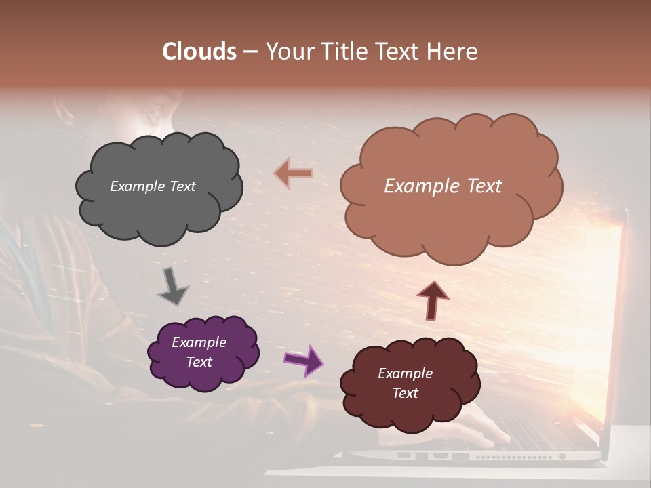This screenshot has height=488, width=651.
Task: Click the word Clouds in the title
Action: [199, 52]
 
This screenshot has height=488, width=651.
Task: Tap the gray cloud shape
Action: [158, 203]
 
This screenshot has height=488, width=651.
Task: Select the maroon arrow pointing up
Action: [433, 300]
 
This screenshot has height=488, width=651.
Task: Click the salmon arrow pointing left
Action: [294, 174]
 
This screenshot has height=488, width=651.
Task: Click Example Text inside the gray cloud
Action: [153, 186]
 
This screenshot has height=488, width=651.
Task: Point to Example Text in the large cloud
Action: [443, 186]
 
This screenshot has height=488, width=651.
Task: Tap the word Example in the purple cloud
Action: [199, 342]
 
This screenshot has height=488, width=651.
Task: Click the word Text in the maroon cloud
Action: [405, 393]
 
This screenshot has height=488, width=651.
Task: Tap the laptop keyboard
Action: [536, 434]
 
